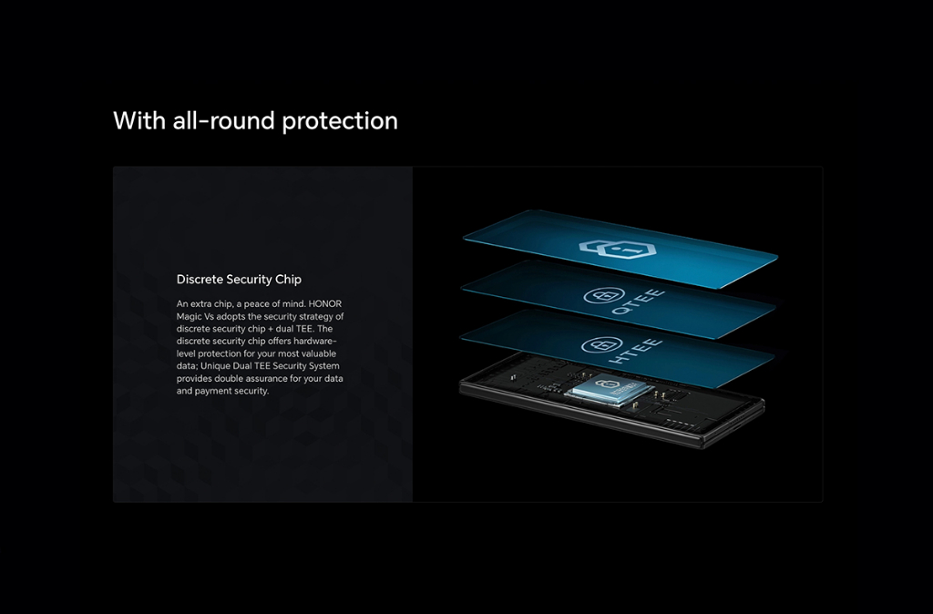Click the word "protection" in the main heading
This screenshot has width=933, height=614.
pyautogui.click(x=340, y=122)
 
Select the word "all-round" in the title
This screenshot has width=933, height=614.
pyautogui.click(x=224, y=121)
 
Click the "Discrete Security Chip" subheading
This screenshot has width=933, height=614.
pyautogui.click(x=239, y=280)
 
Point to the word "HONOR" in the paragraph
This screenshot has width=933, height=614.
pyautogui.click(x=325, y=304)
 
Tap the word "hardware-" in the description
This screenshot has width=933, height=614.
pyautogui.click(x=315, y=341)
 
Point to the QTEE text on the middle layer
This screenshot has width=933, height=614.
pyautogui.click(x=637, y=302)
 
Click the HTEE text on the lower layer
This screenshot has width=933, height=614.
pyautogui.click(x=635, y=353)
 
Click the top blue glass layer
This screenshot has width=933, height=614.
pyautogui.click(x=620, y=250)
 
